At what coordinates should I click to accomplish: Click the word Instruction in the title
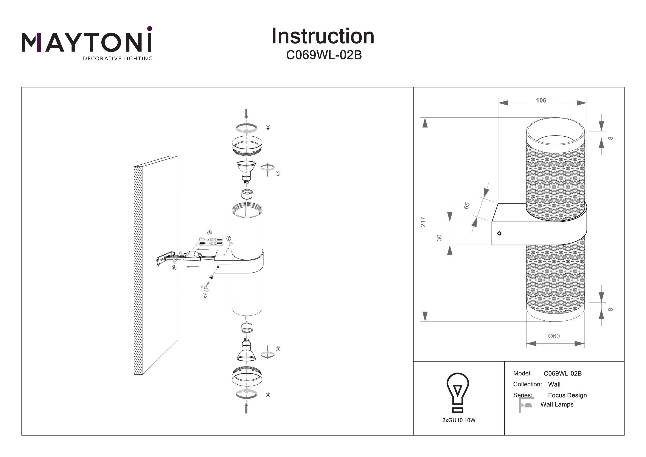tap(323, 36)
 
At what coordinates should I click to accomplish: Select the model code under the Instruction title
tap(324, 55)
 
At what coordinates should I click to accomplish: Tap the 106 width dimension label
tap(541, 101)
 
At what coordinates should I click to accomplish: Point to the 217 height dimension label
tap(423, 222)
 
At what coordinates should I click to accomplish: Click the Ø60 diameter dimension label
tap(554, 336)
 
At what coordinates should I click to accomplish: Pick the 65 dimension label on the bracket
tap(467, 206)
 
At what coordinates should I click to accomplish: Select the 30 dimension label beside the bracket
tap(439, 238)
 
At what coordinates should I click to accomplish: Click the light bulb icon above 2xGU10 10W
tap(458, 392)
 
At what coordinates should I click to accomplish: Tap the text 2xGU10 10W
tap(459, 420)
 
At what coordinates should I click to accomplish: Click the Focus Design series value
tap(567, 395)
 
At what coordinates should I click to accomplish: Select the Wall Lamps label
tap(557, 405)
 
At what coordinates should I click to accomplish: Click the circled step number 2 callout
tap(268, 127)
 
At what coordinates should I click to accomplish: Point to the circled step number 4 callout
tap(268, 395)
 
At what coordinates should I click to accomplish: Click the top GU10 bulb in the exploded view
tap(246, 171)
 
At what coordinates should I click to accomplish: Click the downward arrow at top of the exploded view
tap(247, 114)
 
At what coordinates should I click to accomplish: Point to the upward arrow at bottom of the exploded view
tap(247, 408)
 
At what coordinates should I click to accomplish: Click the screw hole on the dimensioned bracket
tap(499, 233)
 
